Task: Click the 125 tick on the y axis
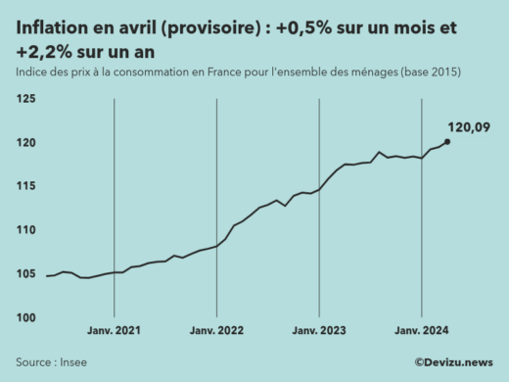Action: [26, 100]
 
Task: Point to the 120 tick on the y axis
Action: [26, 143]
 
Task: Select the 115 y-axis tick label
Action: [26, 186]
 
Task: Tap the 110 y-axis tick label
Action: [26, 230]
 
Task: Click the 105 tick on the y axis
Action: [26, 273]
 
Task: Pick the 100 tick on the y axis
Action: [26, 317]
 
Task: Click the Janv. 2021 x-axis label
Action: [115, 332]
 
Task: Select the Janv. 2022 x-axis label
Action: [216, 332]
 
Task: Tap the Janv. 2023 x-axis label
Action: [319, 332]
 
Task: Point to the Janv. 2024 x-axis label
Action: [421, 332]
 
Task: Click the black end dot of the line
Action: [447, 141]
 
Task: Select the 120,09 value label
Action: [467, 126]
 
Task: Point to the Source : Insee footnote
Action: [49, 361]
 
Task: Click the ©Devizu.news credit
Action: [453, 362]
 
